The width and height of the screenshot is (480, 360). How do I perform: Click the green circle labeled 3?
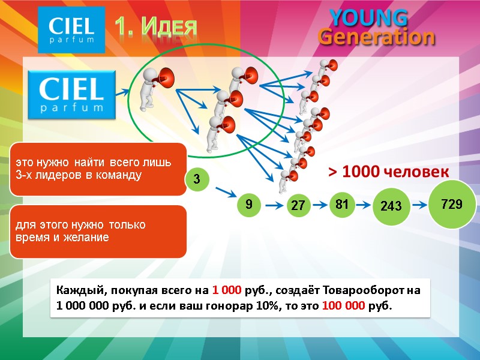point(196,179)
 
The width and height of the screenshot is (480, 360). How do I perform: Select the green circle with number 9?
point(248,205)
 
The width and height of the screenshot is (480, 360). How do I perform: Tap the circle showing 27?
point(298,206)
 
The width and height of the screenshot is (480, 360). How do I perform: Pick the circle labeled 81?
point(342,204)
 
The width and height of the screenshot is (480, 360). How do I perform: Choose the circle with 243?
point(391,206)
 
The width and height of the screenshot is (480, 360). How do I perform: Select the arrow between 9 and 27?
point(273,206)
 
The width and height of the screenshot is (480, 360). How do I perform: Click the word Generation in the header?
point(376,37)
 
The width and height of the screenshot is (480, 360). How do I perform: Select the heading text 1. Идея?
point(155,26)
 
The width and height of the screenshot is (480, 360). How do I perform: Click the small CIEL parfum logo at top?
point(71,30)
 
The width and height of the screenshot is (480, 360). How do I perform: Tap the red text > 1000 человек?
point(388,173)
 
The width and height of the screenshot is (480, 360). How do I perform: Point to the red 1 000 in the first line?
point(227,290)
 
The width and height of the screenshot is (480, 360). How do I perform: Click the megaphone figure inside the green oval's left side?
point(156,89)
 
